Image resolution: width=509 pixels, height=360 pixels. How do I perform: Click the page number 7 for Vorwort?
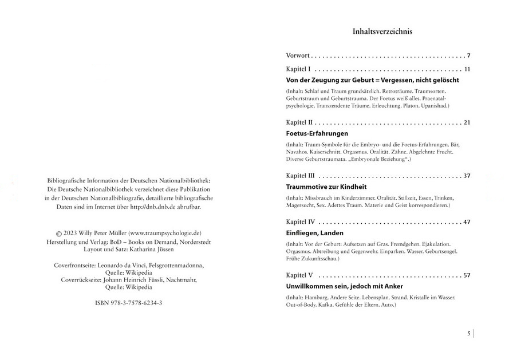(468, 56)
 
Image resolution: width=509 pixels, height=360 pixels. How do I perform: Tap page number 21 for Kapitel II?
(466, 122)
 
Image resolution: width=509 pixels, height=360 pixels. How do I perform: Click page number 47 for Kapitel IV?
(466, 221)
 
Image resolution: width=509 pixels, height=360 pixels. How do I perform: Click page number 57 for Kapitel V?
(466, 275)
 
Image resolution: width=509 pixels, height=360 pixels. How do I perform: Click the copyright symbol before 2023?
(58, 234)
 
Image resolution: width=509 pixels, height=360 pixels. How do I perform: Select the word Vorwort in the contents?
(298, 56)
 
